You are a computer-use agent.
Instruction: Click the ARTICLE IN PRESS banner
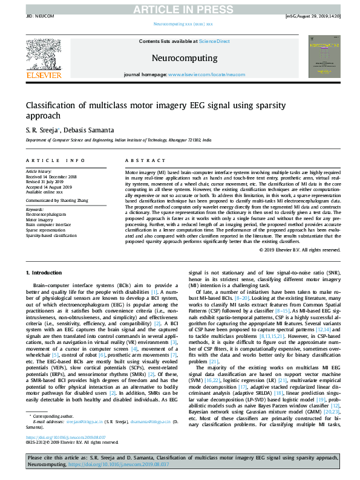pyautogui.click(x=180, y=8)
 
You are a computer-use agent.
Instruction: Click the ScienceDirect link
pyautogui.click(x=215, y=41)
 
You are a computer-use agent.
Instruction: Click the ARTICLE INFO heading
pyautogui.click(x=55, y=160)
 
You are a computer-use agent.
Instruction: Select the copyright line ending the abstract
pyautogui.click(x=298, y=248)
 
